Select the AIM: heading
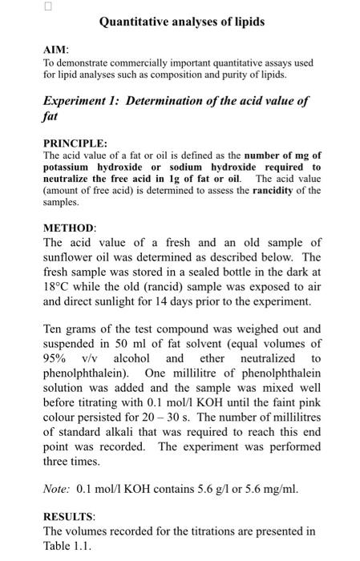pos(55,50)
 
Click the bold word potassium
pos(70,167)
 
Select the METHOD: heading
pos(69,228)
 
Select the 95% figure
pos(57,358)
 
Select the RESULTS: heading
pos(71,518)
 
